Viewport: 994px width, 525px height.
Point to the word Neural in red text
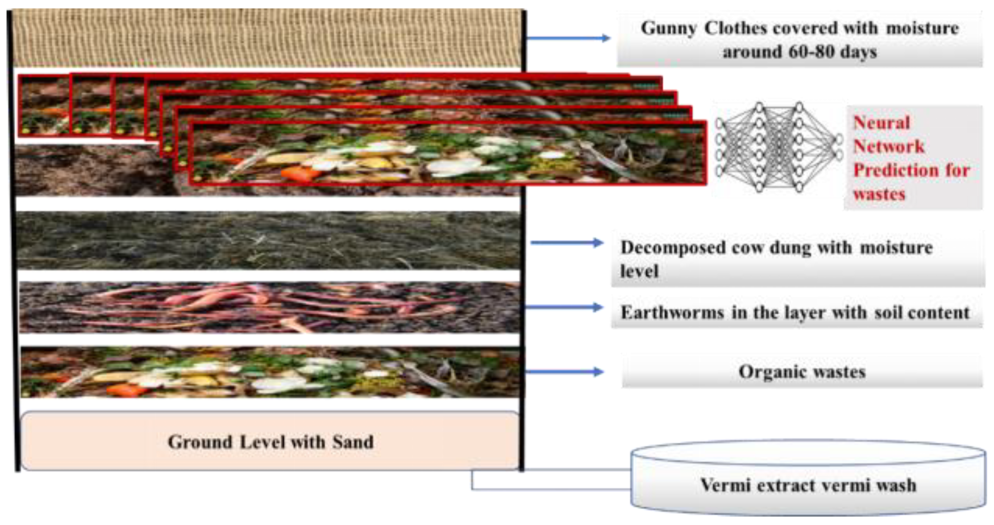point(881,123)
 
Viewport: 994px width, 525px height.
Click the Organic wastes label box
point(802,372)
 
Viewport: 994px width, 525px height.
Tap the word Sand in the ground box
point(353,442)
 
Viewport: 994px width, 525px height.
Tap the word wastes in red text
point(879,194)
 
